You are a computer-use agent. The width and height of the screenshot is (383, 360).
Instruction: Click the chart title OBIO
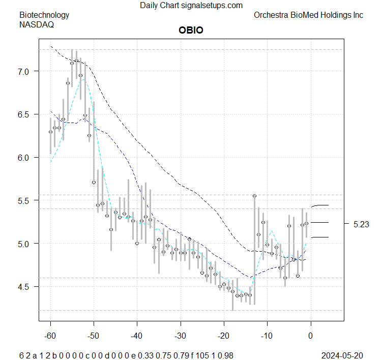tap(191, 30)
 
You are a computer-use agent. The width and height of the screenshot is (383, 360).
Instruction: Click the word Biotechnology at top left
tap(44, 15)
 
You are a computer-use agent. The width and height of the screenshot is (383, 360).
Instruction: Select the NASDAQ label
tap(37, 24)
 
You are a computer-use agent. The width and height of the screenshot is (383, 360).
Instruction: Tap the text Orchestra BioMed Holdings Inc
tap(308, 15)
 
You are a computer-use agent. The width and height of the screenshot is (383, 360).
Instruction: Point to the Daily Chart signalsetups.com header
tap(191, 5)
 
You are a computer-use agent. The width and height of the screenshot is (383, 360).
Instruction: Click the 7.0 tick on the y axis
tap(24, 72)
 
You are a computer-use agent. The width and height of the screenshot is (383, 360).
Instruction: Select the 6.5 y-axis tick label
tap(24, 115)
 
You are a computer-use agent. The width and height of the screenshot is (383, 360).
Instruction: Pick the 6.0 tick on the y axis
tap(24, 158)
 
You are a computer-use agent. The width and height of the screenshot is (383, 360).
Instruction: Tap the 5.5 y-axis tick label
tap(24, 201)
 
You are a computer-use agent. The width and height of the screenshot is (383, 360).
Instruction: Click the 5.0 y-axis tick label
tap(24, 244)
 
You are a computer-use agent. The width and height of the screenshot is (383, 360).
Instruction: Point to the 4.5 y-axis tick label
tap(24, 287)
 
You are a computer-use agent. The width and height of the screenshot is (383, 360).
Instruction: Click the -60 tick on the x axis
tap(50, 336)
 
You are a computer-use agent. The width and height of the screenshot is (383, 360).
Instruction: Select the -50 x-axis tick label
tap(94, 336)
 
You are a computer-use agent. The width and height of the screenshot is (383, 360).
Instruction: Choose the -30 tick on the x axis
tap(180, 336)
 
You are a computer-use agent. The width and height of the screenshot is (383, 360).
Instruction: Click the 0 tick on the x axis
tap(310, 336)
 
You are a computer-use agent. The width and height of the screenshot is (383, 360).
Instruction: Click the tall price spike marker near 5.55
tap(254, 196)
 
